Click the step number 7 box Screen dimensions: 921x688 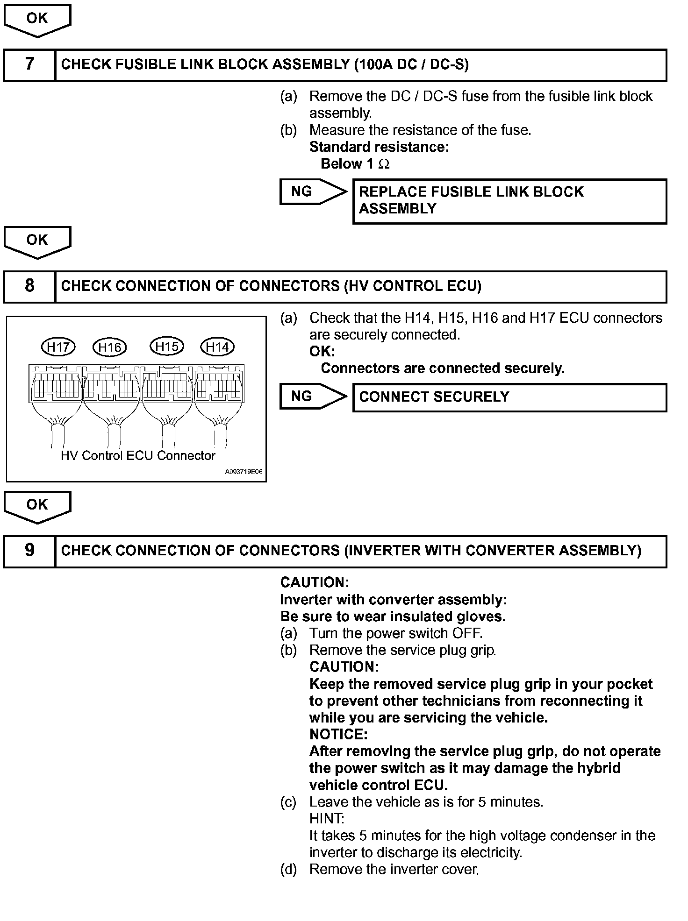(x=29, y=65)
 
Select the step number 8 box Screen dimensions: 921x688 (x=29, y=286)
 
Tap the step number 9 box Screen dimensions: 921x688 (x=29, y=551)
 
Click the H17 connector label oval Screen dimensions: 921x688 (x=58, y=347)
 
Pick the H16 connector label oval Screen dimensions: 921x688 (x=110, y=347)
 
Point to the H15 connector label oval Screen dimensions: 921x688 (x=167, y=347)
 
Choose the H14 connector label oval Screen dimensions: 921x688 (x=217, y=347)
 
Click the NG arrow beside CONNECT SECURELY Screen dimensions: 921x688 (x=313, y=397)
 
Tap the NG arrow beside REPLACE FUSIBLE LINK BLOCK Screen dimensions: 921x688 (x=313, y=191)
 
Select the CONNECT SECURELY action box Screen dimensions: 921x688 (x=509, y=397)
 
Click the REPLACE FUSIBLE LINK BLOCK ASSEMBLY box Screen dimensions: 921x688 (x=509, y=201)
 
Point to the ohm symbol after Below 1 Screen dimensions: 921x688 (x=384, y=164)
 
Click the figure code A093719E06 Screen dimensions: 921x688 (x=244, y=472)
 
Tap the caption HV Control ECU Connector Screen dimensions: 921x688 (x=138, y=456)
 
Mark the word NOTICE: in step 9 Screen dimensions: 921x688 (x=338, y=735)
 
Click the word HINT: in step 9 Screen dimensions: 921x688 (x=327, y=819)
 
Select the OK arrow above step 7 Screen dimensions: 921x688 (x=37, y=20)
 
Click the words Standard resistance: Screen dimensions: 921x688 (x=379, y=147)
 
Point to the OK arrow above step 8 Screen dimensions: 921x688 (x=37, y=242)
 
